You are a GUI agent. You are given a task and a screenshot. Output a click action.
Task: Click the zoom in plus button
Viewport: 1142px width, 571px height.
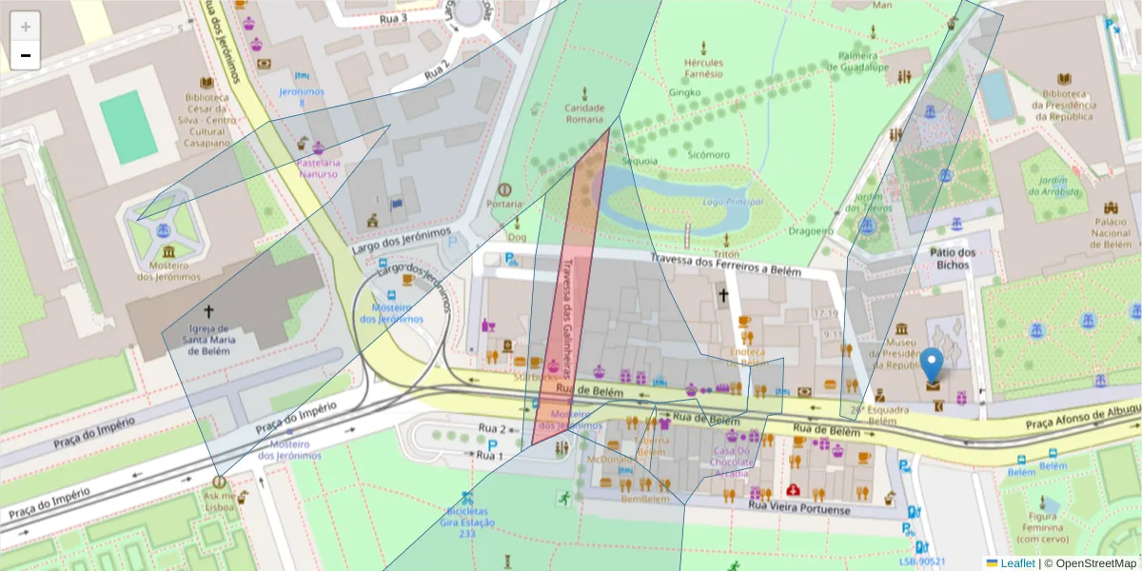click(x=26, y=27)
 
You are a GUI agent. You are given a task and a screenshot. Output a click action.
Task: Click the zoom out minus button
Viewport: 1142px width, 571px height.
click(x=26, y=55)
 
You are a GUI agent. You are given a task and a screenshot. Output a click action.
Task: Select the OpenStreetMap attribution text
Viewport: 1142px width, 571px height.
click(x=1090, y=563)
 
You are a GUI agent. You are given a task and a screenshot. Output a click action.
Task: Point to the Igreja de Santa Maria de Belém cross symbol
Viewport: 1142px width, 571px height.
click(x=208, y=311)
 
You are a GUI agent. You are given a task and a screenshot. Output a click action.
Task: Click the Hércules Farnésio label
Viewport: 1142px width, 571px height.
click(x=703, y=69)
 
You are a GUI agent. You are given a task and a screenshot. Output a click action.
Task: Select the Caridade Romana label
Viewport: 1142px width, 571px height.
click(x=584, y=113)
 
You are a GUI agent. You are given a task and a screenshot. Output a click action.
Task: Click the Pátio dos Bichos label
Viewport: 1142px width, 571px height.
click(x=953, y=258)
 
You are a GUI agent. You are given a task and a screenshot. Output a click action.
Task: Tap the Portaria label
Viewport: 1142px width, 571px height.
click(x=503, y=204)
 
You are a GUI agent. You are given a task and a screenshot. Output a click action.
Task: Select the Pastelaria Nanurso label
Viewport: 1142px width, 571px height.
click(x=318, y=168)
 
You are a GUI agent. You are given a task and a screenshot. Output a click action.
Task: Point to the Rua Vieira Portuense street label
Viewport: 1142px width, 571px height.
click(x=798, y=510)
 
